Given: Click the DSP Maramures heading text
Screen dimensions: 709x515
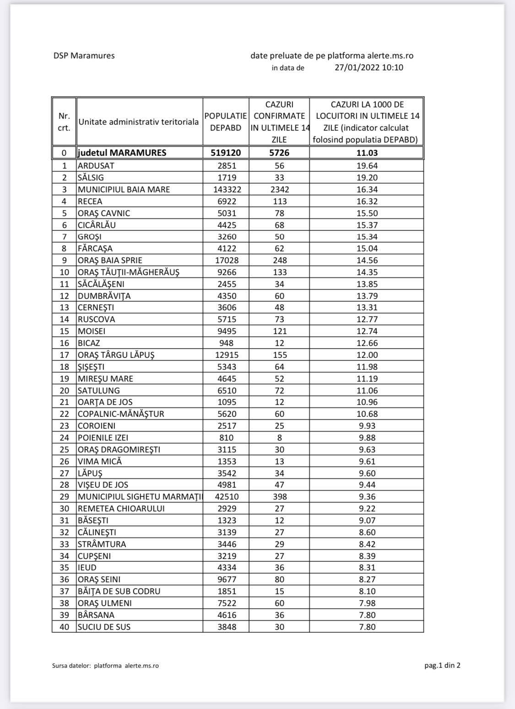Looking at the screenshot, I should (x=84, y=56).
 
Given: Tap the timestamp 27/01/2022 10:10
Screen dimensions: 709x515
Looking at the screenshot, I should (x=369, y=68).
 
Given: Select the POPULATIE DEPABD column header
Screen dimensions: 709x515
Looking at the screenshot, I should (x=226, y=122).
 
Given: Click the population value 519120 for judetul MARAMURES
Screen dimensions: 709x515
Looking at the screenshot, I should (x=226, y=153).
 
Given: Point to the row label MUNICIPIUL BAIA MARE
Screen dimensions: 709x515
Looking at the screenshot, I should (x=124, y=189).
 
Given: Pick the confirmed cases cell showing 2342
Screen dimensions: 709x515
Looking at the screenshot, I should (x=279, y=189).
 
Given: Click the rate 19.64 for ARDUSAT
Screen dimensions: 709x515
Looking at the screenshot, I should (x=367, y=165).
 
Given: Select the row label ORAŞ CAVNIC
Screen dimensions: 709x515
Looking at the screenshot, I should (x=104, y=213).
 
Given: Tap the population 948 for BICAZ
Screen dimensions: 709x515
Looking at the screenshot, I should (x=226, y=343).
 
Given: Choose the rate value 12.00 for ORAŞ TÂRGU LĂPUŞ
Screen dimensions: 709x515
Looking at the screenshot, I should (x=367, y=355).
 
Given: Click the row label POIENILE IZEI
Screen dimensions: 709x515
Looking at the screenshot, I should (x=103, y=437).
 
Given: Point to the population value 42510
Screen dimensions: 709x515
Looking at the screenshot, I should (x=226, y=496).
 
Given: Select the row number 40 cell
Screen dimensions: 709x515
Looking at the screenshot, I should (x=64, y=627).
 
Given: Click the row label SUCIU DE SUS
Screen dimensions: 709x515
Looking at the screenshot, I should (x=104, y=627).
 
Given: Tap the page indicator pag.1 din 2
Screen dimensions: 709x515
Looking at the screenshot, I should (x=442, y=665).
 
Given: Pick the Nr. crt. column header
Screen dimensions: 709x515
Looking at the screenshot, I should (x=64, y=122).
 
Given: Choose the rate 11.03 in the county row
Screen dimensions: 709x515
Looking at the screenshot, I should (x=367, y=153).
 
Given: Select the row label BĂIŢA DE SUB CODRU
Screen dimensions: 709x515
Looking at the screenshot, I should (x=119, y=591).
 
